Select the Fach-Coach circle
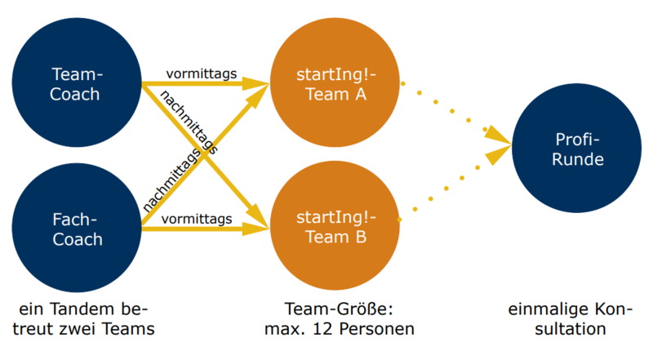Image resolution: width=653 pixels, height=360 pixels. click(x=75, y=229)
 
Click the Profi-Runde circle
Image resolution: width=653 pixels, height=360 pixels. click(x=576, y=150)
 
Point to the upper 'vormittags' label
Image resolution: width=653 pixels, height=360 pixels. click(x=201, y=73)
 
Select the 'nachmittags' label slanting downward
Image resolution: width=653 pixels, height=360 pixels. click(x=189, y=122)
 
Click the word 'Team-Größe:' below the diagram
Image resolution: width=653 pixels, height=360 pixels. click(x=336, y=309)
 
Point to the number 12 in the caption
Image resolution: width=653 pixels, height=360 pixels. click(x=329, y=329)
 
